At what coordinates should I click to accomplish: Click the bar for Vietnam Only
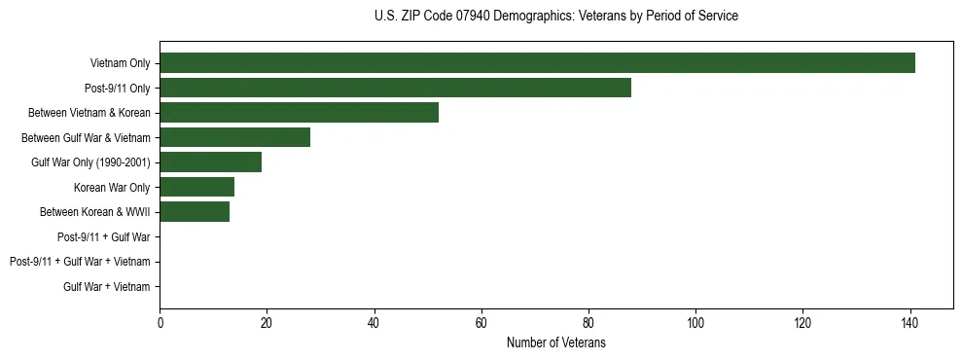coord(537,63)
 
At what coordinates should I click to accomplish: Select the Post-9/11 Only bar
coord(395,88)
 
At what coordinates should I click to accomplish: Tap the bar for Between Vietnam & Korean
coord(299,113)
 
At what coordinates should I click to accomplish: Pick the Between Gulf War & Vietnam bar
coord(234,137)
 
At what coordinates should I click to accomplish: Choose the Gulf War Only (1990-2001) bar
coord(210,162)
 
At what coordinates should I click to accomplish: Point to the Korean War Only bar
coord(196,187)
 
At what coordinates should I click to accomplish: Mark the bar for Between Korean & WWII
coord(195,212)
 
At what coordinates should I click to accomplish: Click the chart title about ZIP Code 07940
coord(555,17)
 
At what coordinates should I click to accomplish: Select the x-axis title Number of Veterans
coord(555,342)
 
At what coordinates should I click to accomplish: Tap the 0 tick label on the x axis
coord(160,323)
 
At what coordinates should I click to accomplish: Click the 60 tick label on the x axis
coord(481,323)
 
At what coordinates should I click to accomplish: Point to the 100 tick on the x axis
coord(695,323)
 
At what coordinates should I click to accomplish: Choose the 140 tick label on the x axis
coord(909,323)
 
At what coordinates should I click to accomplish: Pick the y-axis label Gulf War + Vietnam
coord(107,286)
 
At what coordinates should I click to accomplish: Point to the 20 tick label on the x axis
coord(267,323)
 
